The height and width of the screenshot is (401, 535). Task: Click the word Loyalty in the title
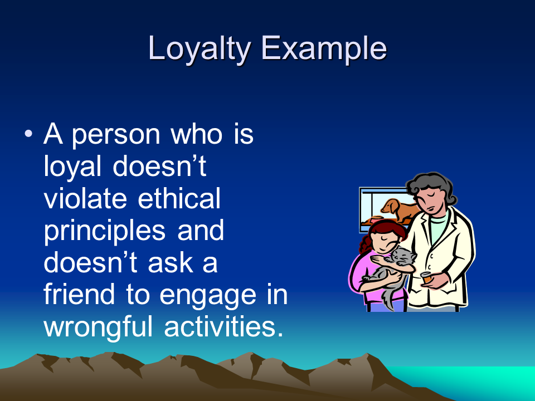point(200,49)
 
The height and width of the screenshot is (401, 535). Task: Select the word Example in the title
point(324,49)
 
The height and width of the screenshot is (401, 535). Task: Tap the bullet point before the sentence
point(28,133)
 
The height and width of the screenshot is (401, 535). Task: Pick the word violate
point(85,198)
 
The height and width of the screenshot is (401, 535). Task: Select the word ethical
point(179,198)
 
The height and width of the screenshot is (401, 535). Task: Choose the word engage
point(208,296)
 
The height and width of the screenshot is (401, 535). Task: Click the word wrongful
point(98,327)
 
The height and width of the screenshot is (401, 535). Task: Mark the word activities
point(223,326)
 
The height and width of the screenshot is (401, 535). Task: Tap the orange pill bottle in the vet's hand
point(426,277)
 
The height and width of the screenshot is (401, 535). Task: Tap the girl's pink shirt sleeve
point(358,273)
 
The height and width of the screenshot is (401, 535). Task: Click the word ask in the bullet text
point(172,263)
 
